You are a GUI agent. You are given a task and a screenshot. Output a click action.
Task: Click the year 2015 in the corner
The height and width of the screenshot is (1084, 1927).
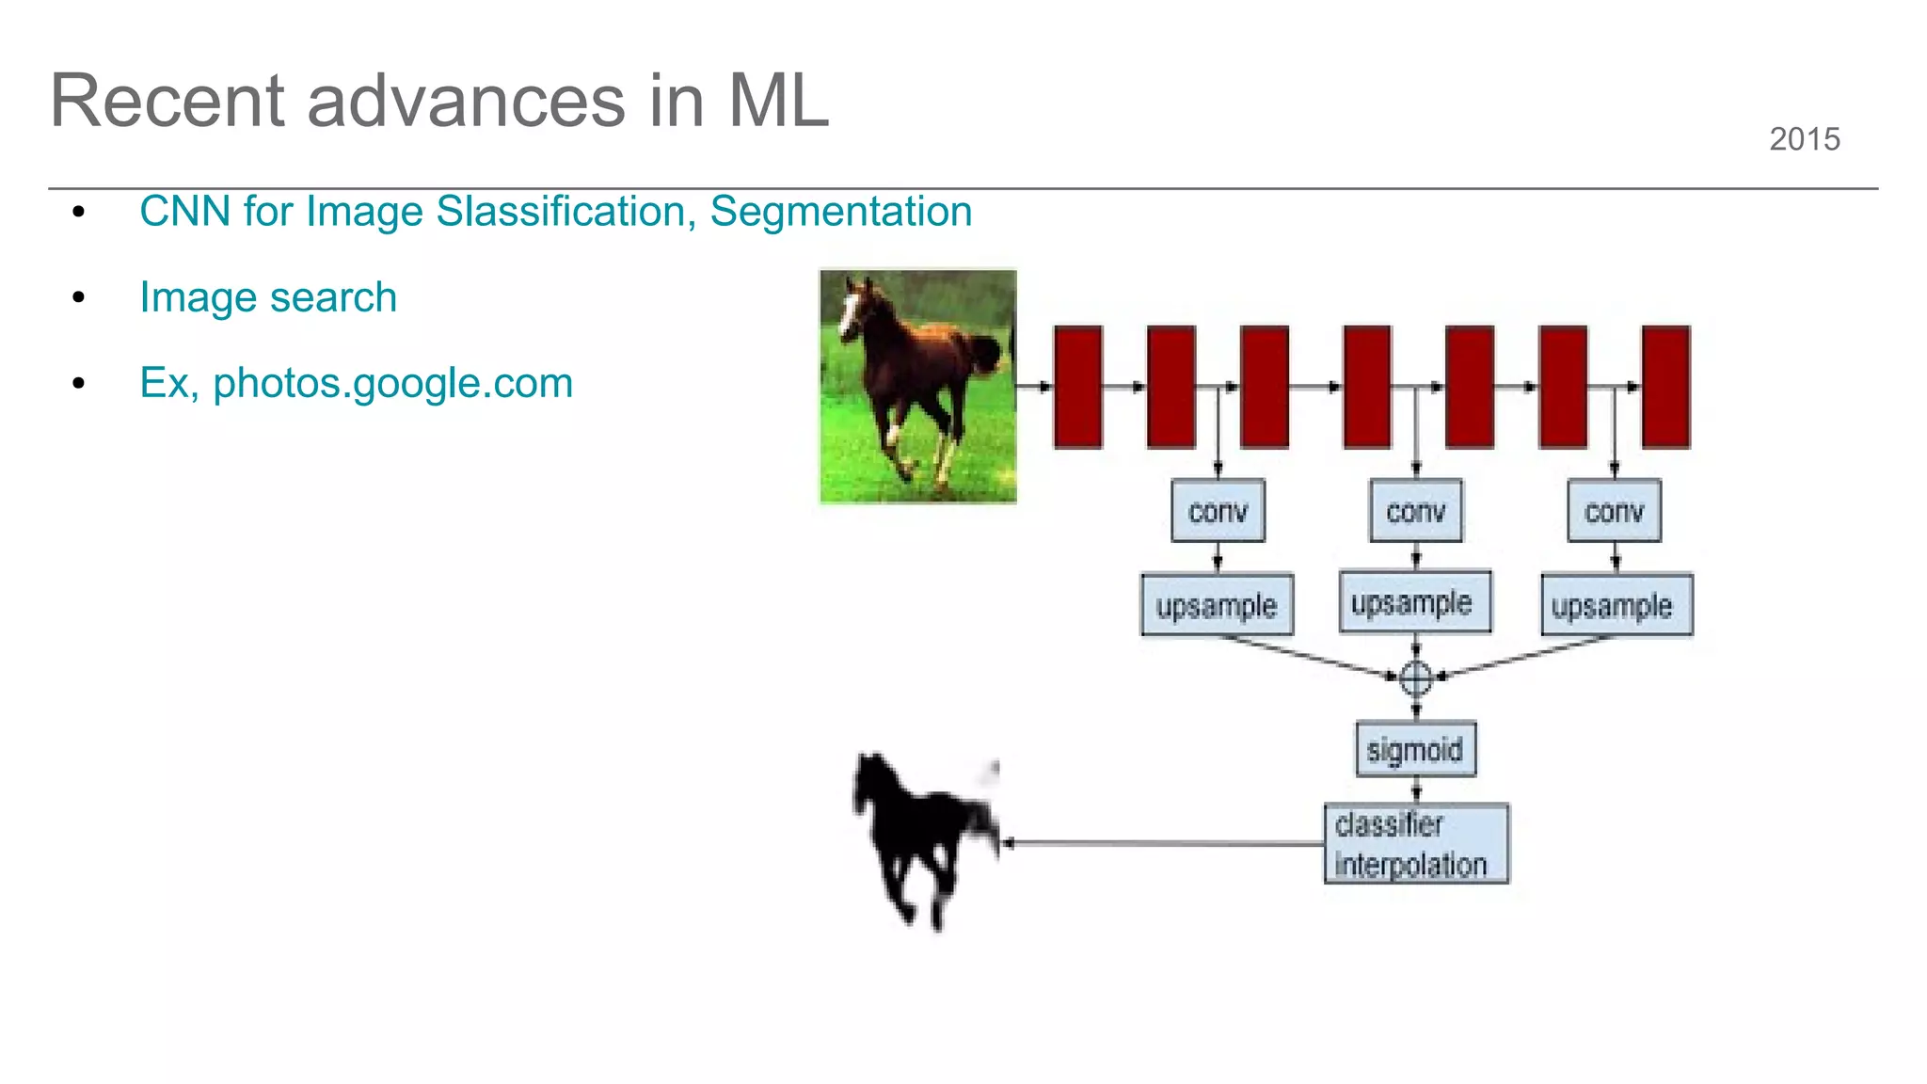pos(1804,139)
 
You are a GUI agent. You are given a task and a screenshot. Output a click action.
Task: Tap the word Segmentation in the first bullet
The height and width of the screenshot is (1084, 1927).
pos(840,212)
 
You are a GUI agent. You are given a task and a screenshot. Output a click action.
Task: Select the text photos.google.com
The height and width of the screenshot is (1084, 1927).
pos(392,383)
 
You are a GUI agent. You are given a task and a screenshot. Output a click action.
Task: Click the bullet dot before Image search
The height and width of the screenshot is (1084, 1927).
pos(79,298)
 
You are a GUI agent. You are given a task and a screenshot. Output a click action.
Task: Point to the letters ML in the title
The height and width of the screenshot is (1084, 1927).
pos(777,101)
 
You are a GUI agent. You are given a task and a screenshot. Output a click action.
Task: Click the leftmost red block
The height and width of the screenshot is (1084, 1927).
pos(1077,387)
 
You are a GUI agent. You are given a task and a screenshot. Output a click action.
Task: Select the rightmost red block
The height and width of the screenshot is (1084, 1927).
pos(1665,387)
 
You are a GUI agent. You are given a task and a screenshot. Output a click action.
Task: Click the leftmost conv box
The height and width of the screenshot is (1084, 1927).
pos(1218,511)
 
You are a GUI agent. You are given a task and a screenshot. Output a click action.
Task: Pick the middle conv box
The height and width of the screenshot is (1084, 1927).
pos(1416,511)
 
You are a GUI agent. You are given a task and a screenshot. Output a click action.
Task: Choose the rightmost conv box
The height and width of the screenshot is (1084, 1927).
pos(1614,511)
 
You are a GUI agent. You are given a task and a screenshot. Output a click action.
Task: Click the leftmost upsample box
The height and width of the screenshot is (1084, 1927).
pos(1217,605)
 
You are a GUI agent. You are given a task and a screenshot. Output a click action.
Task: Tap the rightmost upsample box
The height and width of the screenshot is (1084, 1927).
pos(1615,605)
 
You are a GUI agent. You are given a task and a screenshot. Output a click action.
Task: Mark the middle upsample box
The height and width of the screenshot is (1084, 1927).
pos(1414,602)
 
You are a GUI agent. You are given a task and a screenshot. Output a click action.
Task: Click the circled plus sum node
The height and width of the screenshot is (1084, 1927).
pos(1416,677)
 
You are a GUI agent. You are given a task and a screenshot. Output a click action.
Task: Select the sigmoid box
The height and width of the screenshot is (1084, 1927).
pos(1415,749)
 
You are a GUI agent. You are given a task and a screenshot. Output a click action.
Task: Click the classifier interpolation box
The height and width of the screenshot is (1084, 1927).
pos(1415,843)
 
